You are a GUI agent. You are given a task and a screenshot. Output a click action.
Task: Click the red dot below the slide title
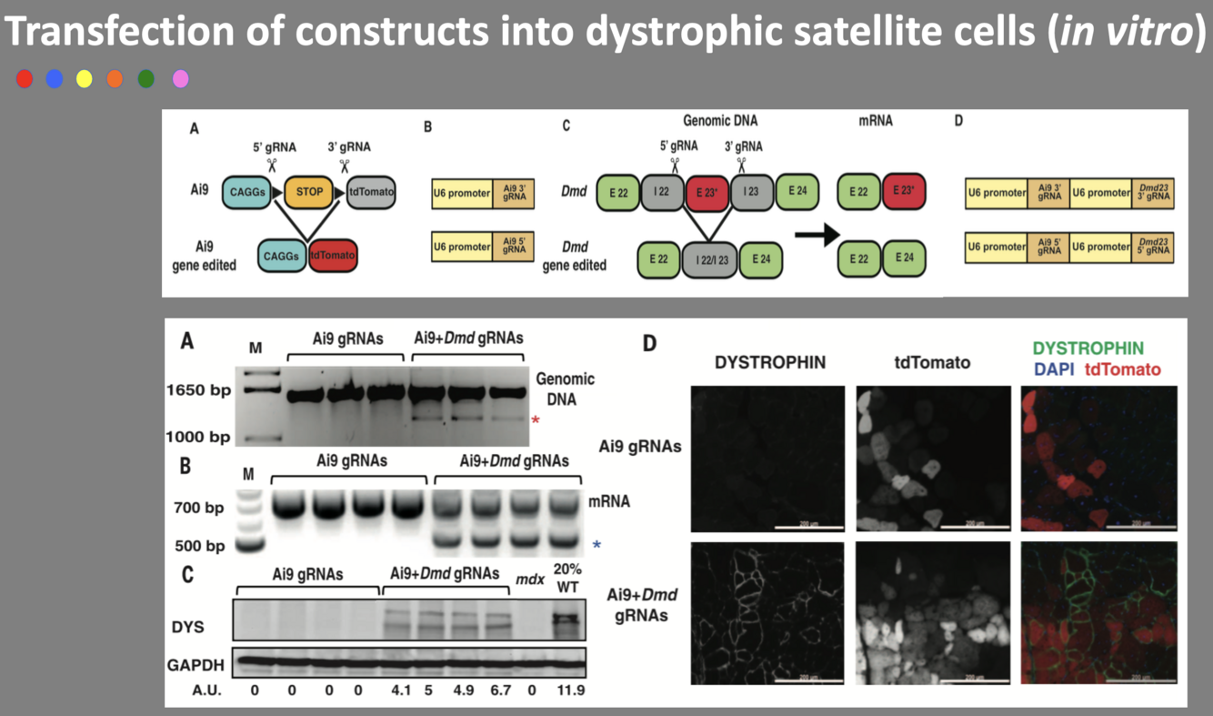click(x=25, y=79)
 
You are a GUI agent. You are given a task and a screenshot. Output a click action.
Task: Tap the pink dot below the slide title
click(x=180, y=79)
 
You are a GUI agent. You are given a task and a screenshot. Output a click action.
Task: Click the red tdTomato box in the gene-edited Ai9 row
click(x=333, y=256)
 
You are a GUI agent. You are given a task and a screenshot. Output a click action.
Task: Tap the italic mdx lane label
click(x=530, y=577)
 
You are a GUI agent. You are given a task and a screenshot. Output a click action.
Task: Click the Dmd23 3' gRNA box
click(x=1152, y=194)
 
